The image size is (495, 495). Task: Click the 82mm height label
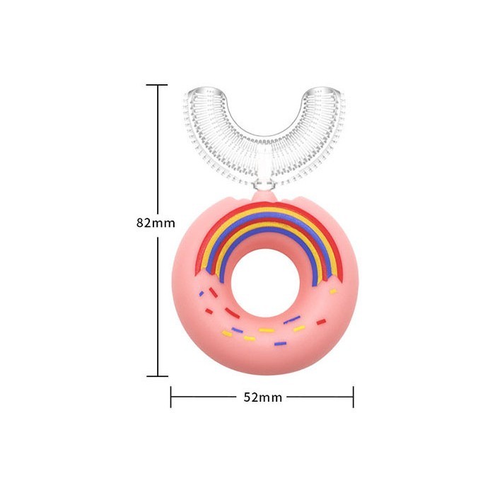point(156,223)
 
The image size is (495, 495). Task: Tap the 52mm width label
point(262,397)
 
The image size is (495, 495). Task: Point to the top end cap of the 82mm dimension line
point(156,85)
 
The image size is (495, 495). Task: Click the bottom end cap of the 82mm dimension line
point(157,376)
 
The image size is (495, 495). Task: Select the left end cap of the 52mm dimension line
point(171,397)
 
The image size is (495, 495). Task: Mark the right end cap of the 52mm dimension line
point(354,397)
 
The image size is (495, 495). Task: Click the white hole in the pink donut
point(265,283)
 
